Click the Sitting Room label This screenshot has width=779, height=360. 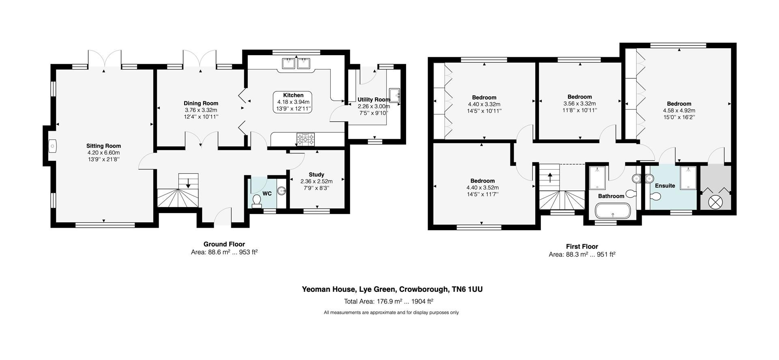pyautogui.click(x=103, y=146)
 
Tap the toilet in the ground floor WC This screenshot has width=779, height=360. pyautogui.click(x=257, y=201)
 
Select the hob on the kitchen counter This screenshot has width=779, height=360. pyautogui.click(x=305, y=140)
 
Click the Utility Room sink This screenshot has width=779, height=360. pyautogui.click(x=394, y=95)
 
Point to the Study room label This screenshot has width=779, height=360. pyautogui.click(x=316, y=175)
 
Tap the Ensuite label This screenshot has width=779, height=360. pyautogui.click(x=665, y=186)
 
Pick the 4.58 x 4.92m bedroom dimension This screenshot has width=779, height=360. pyautogui.click(x=679, y=110)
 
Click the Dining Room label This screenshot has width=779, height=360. pyautogui.click(x=201, y=103)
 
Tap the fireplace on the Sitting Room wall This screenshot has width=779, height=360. pyautogui.click(x=53, y=146)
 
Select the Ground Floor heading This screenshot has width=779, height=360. pyautogui.click(x=224, y=244)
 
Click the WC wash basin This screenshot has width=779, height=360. pyautogui.click(x=281, y=191)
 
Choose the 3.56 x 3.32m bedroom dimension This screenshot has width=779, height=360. pyautogui.click(x=579, y=103)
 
